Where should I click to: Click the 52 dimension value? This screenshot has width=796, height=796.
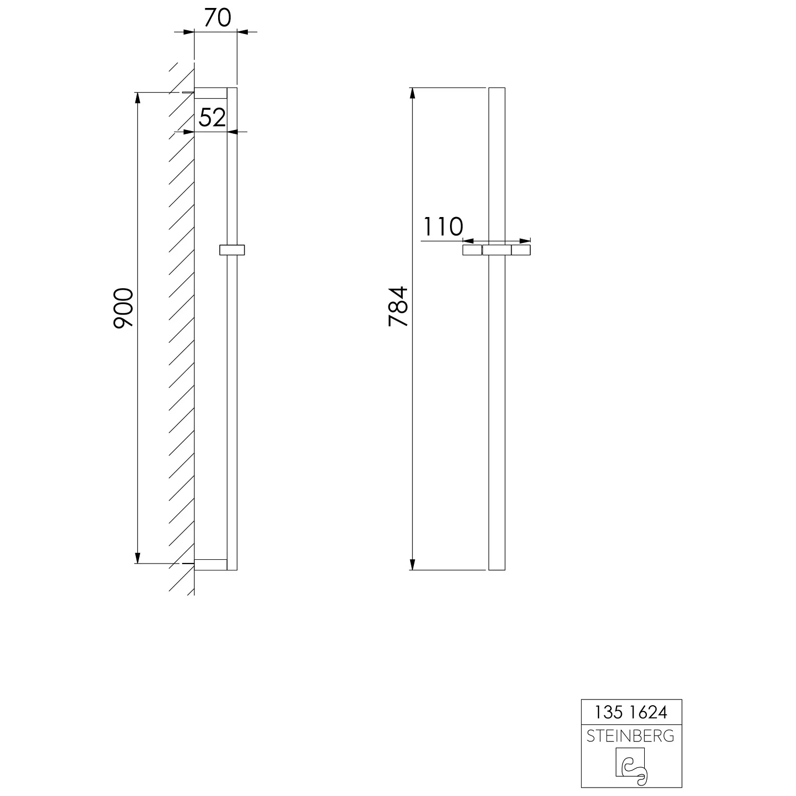(x=212, y=118)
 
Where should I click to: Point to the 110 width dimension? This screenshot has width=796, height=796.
(x=443, y=227)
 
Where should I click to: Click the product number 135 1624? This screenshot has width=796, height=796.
(x=631, y=712)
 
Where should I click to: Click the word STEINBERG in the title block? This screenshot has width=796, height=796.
(x=631, y=736)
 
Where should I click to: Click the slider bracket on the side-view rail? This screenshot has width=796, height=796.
(x=232, y=249)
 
